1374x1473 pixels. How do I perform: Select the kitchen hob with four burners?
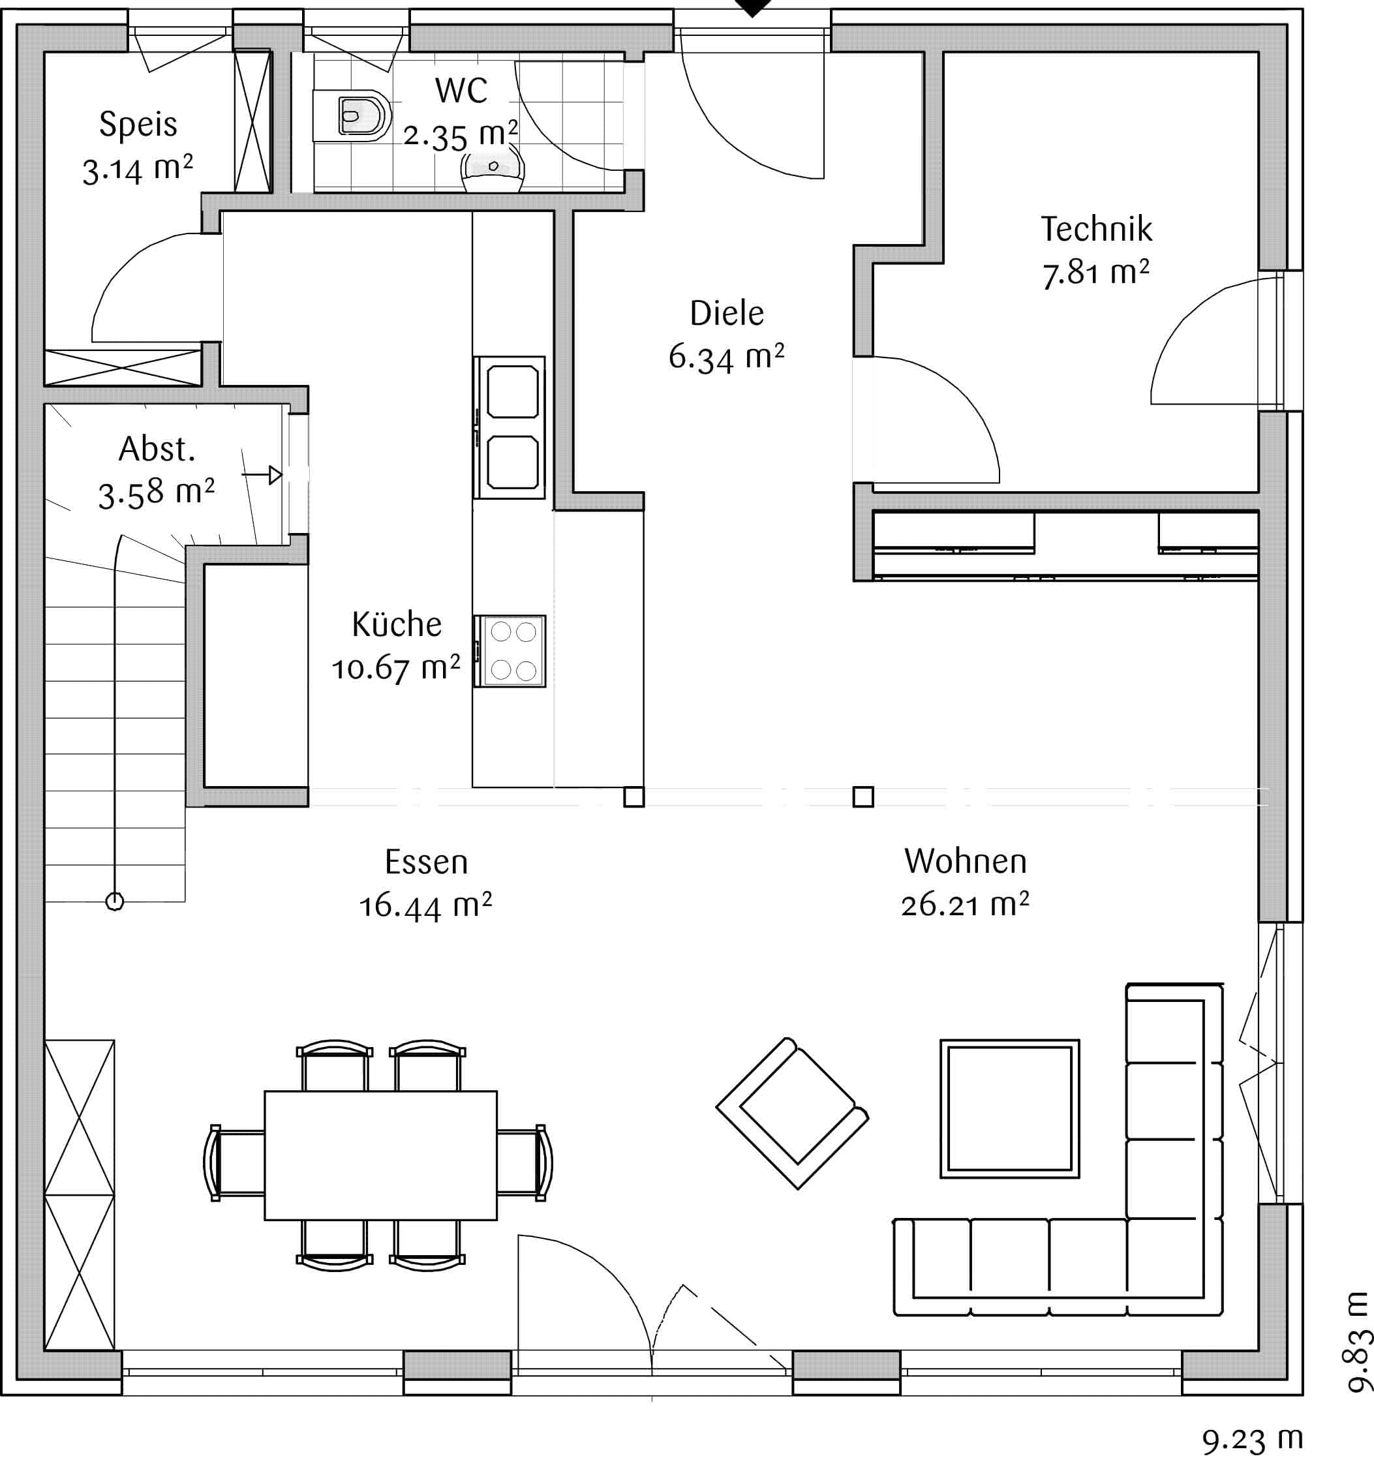(x=510, y=650)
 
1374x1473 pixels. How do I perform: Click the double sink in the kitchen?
(x=510, y=427)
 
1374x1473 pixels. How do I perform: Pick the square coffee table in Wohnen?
(x=1009, y=1108)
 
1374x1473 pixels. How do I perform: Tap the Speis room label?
(x=138, y=125)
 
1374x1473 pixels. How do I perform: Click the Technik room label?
(x=1096, y=229)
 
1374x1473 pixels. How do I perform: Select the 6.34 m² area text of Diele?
(x=726, y=357)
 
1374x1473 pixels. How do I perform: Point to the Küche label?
(x=397, y=624)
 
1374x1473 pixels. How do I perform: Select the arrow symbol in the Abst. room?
(x=262, y=475)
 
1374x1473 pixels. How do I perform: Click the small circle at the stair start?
(x=115, y=902)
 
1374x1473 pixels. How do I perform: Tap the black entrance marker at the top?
(x=753, y=7)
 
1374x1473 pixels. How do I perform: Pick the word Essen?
(x=426, y=862)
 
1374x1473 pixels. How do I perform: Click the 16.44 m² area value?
(x=425, y=906)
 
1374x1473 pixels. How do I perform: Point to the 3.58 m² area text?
(x=157, y=493)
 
